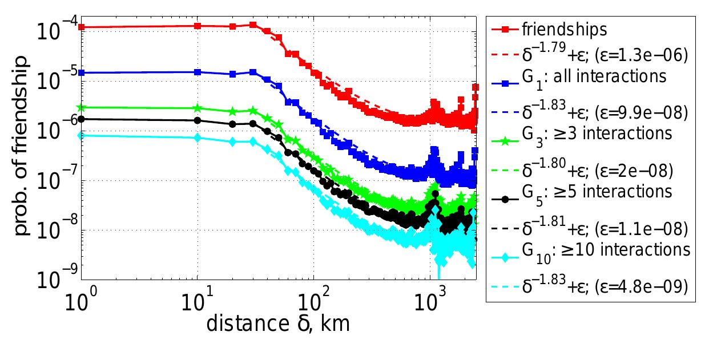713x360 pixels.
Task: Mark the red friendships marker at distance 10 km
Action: (x=198, y=26)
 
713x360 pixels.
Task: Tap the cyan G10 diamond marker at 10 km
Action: (x=198, y=137)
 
